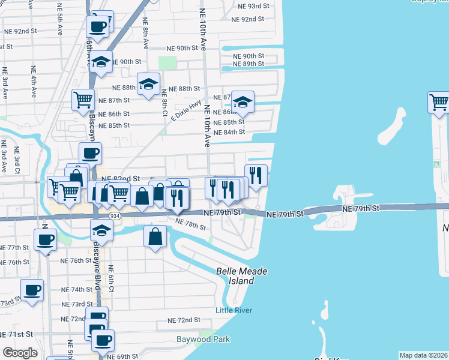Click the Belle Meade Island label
tap(241, 276)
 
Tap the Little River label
tap(234, 310)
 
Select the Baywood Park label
tap(203, 339)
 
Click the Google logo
tap(20, 353)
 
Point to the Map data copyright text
tap(424, 355)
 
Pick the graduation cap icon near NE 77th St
tap(102, 230)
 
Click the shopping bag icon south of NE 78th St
tap(155, 236)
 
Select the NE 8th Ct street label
tap(164, 101)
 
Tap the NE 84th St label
tap(230, 132)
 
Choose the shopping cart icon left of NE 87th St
tap(83, 100)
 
